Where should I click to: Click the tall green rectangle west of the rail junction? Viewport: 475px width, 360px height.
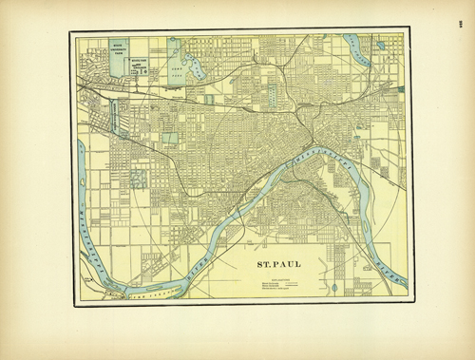[272, 96]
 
